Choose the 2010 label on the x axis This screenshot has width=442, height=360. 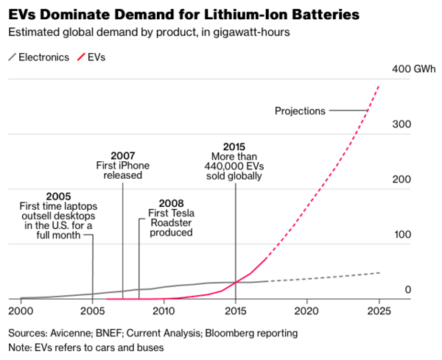[x=164, y=310]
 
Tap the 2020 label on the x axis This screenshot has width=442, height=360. [x=306, y=310]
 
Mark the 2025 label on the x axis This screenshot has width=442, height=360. [x=378, y=310]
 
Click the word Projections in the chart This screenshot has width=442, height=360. [x=300, y=111]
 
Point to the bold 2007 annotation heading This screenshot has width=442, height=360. [x=122, y=155]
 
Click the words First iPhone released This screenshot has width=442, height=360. [x=122, y=171]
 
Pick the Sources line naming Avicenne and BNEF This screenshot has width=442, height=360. [x=153, y=333]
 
